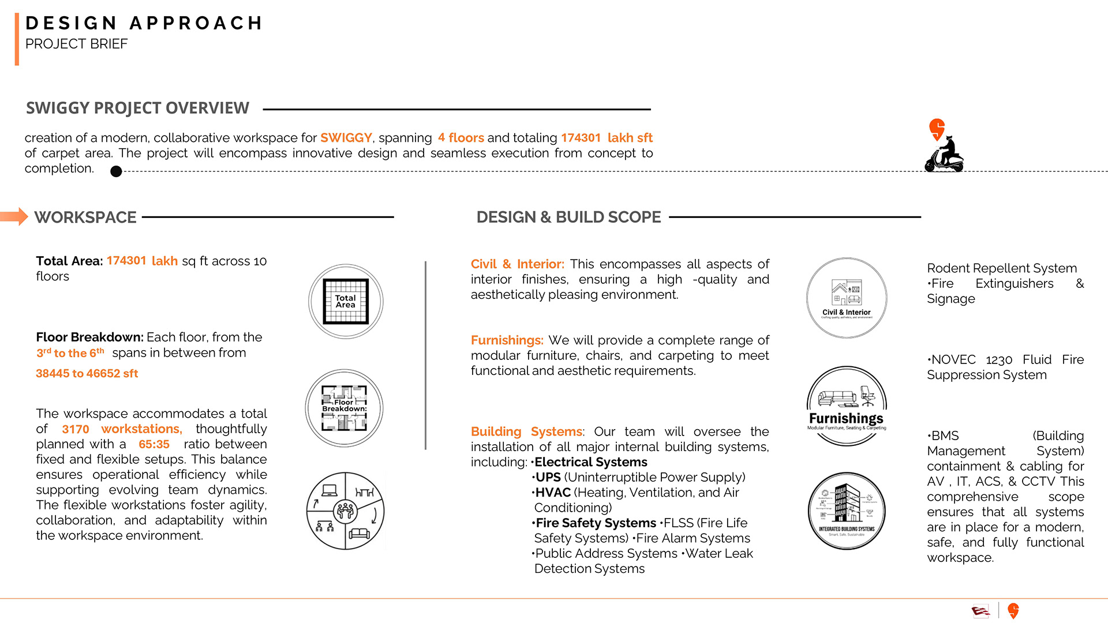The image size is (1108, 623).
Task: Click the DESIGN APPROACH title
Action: pos(144,23)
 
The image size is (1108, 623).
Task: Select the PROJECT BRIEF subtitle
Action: pos(76,44)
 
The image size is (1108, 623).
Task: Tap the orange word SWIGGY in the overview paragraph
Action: pos(346,138)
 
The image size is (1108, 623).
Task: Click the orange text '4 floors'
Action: pos(461,138)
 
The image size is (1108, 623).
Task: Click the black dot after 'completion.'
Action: pos(116,171)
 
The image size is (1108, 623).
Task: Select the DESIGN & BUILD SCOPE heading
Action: pos(568,217)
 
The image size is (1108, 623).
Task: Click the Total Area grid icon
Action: pos(346,301)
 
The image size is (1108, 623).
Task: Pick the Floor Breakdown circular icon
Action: pos(345,408)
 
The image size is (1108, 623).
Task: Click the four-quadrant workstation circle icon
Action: pos(345,511)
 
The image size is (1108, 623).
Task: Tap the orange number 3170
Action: pos(76,429)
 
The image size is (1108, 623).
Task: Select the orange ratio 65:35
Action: pos(154,444)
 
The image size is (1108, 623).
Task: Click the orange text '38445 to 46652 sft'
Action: pos(87,373)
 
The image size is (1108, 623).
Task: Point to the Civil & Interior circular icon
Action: pos(847,298)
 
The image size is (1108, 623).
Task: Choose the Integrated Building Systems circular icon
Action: pos(847,511)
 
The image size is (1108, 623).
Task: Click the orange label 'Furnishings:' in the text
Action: pos(507,340)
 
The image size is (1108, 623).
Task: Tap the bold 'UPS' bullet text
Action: pos(548,478)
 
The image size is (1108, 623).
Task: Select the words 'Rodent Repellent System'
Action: pos(1002,268)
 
